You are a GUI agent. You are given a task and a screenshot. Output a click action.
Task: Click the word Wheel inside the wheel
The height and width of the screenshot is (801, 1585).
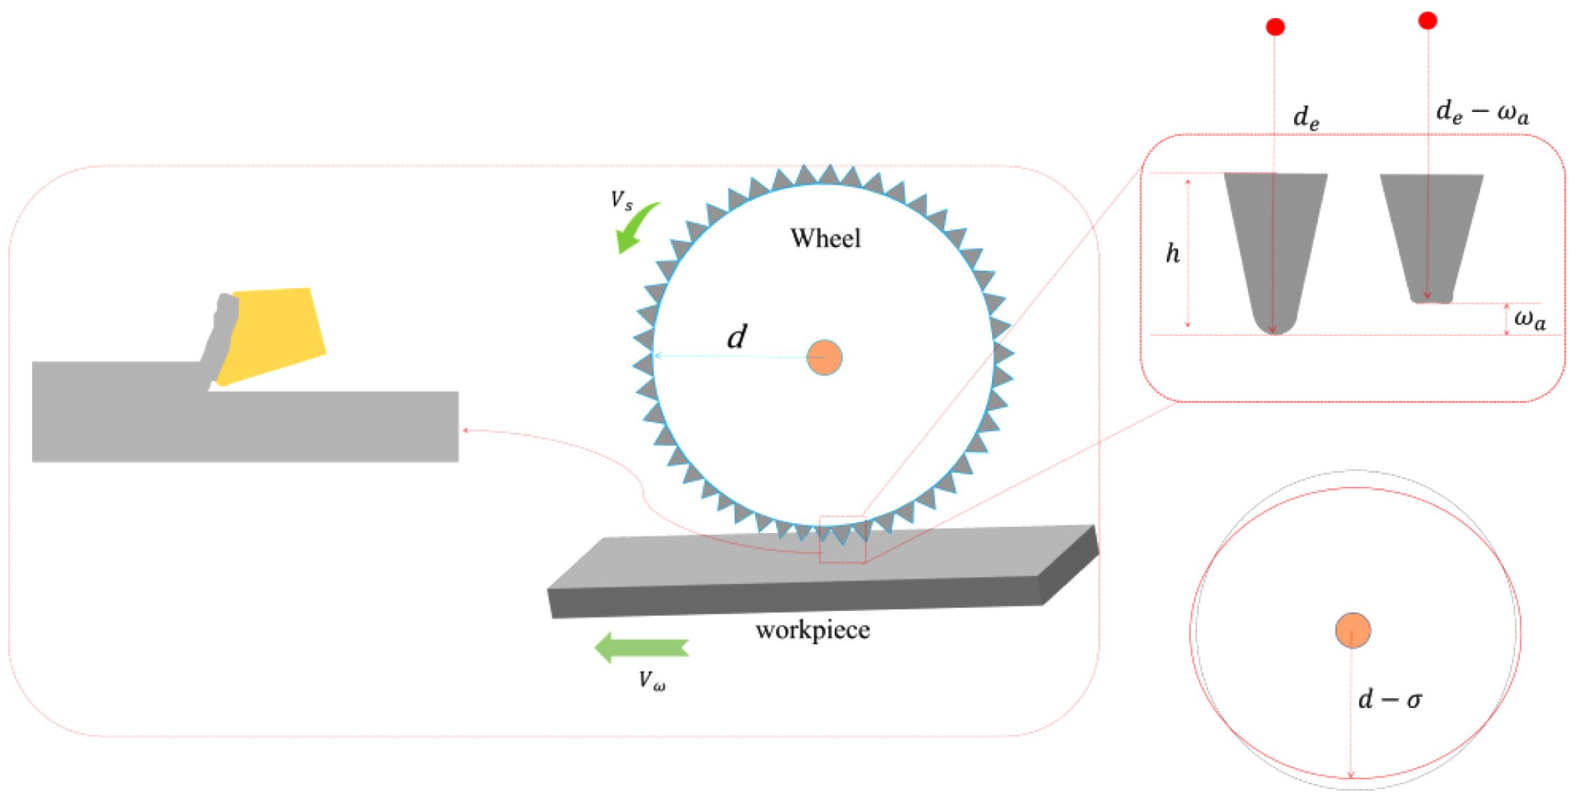pos(825,239)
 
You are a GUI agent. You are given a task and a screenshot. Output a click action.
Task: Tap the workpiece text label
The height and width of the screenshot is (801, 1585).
pos(812,630)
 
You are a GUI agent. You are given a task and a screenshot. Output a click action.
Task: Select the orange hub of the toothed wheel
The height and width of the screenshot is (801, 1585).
pos(824,357)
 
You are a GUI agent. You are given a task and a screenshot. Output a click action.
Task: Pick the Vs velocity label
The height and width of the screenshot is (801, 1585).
pos(622,201)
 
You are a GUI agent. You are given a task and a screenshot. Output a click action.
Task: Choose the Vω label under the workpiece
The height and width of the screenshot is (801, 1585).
pos(652,680)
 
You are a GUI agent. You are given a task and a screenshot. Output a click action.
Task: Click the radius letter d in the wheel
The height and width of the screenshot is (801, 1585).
pos(736,337)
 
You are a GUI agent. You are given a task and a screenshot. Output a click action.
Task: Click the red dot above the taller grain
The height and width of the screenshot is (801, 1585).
pos(1275,27)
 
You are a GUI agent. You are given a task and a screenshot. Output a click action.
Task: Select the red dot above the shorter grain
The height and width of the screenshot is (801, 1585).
pos(1428,21)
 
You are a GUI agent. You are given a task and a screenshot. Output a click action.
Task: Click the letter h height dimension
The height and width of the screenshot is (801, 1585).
pos(1172,253)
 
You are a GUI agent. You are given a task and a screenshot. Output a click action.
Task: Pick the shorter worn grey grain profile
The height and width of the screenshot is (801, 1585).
pos(1431,231)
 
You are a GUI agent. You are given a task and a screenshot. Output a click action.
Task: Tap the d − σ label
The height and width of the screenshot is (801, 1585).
pos(1389,700)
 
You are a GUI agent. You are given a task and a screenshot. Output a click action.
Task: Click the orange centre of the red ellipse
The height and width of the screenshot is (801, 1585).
pos(1353,630)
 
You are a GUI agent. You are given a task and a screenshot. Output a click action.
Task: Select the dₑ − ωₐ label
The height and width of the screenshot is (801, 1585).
pos(1482,113)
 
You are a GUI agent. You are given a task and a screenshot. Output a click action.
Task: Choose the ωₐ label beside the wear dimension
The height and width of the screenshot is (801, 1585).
pos(1530,320)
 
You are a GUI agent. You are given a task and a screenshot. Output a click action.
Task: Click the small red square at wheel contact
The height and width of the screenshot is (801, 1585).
pos(842,539)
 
